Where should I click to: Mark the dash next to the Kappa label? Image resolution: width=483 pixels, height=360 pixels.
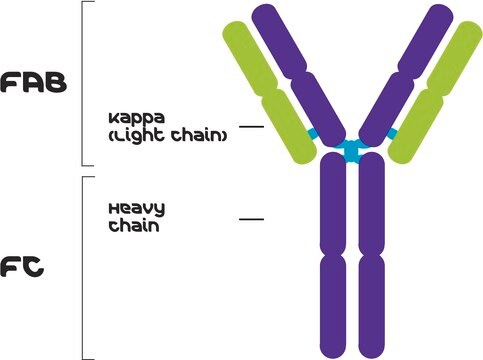[251, 127]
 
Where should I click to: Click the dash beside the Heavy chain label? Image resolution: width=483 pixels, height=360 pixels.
[251, 217]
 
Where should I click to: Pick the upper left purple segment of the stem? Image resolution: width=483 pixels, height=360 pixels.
[331, 205]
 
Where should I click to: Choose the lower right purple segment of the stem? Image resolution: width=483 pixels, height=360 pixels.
[371, 300]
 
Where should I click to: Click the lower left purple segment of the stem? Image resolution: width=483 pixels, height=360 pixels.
[331, 300]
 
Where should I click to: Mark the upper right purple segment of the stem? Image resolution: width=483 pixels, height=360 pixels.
[371, 205]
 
